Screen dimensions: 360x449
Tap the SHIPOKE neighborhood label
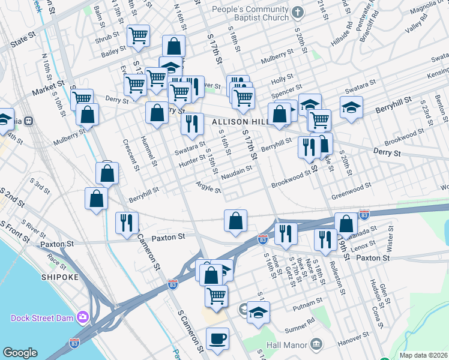coord(57,277)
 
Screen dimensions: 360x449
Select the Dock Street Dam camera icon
coord(83,316)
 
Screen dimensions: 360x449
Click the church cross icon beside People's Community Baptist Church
coord(297,12)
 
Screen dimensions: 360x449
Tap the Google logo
coord(20,353)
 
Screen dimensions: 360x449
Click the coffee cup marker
coord(217,338)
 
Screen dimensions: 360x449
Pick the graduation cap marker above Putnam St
coord(258,312)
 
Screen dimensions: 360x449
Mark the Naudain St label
coord(235,171)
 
